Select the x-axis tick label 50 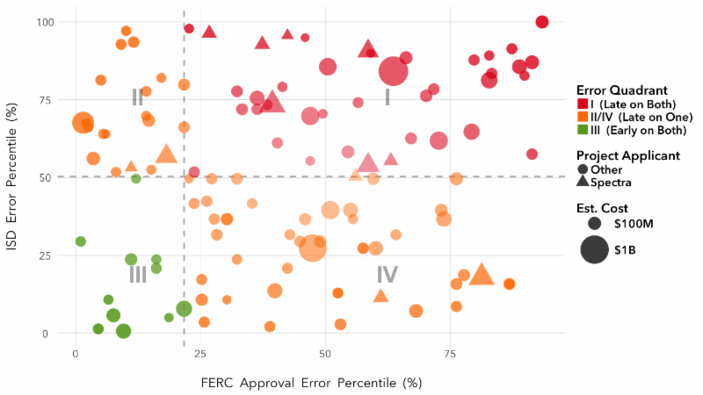[x=325, y=353]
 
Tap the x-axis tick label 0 [x=76, y=353]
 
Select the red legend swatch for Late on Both [x=582, y=104]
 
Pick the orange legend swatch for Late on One [x=582, y=118]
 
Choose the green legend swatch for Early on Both [x=582, y=131]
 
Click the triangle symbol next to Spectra [x=583, y=183]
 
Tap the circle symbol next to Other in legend [x=583, y=169]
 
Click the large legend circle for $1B [x=595, y=250]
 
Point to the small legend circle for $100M [x=595, y=224]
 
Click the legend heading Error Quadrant [x=621, y=90]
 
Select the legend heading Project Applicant [x=627, y=155]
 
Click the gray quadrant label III [x=138, y=275]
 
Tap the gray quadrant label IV [x=387, y=275]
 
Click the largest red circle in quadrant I [x=393, y=72]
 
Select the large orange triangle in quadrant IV [x=481, y=275]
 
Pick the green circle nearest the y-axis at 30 [x=81, y=241]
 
